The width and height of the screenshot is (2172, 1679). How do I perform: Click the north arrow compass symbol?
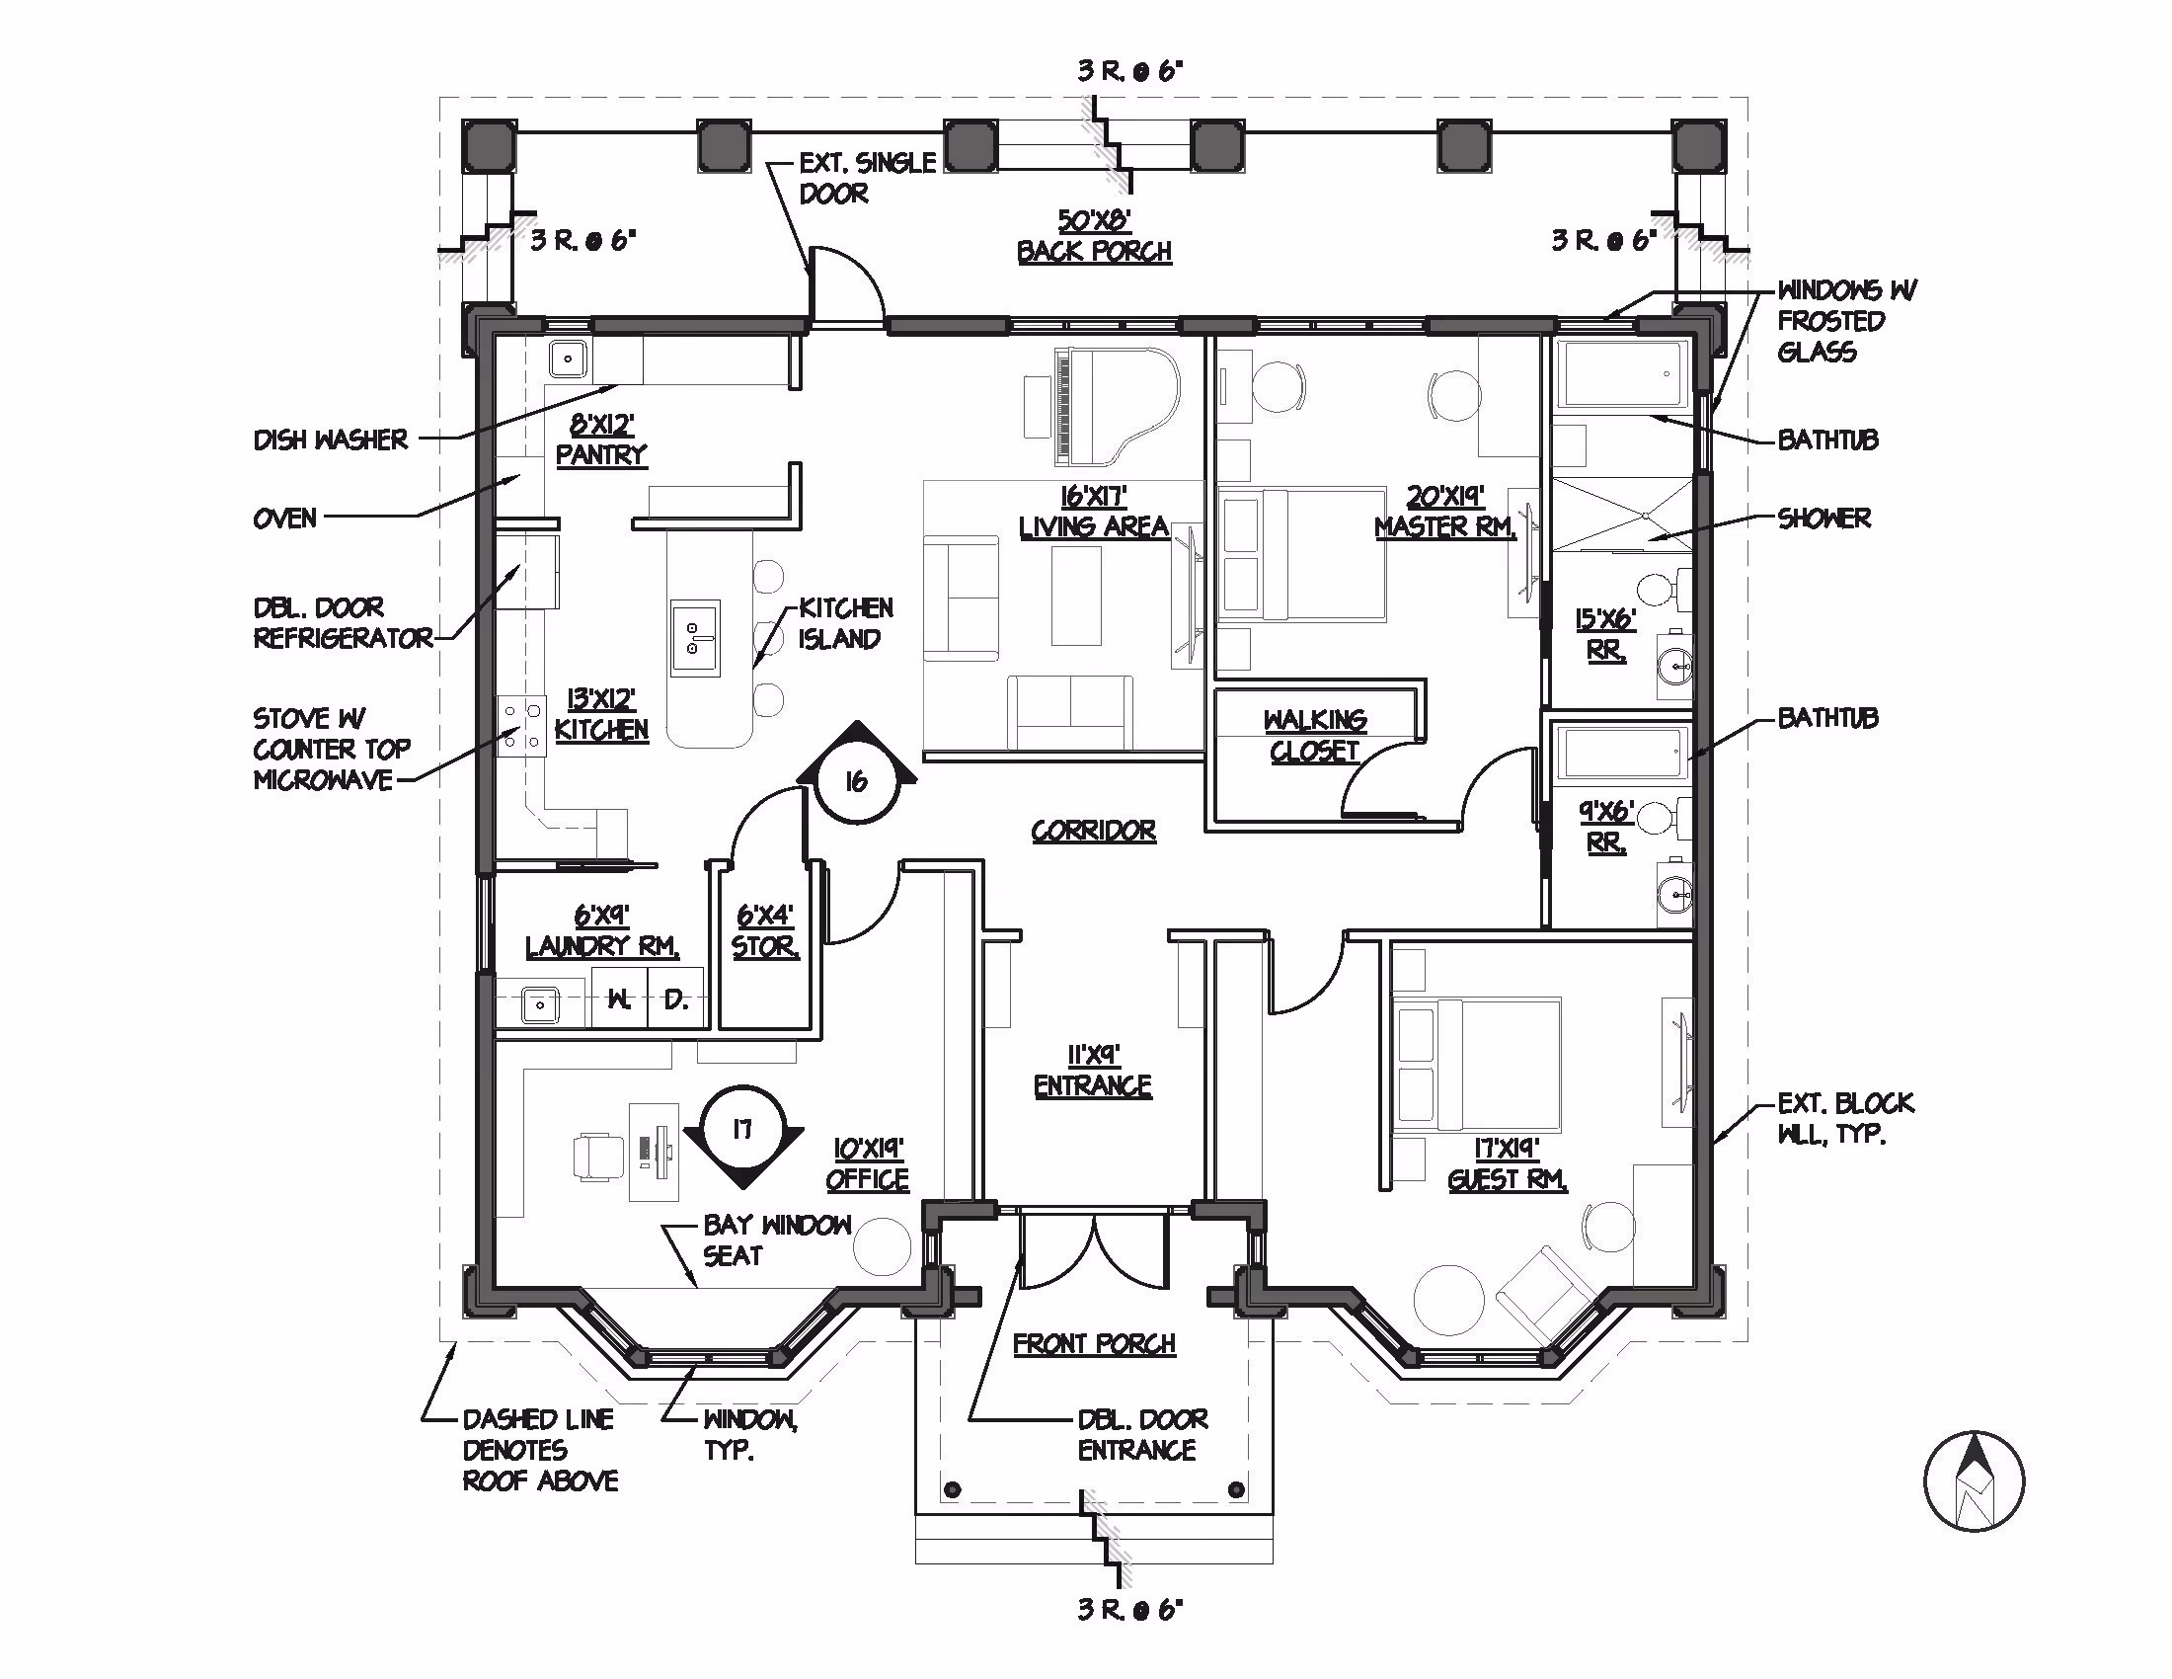point(1975,1482)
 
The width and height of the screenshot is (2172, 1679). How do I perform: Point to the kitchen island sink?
point(695,638)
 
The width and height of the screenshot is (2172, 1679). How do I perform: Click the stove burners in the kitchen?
point(521,726)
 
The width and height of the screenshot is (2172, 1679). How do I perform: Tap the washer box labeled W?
point(620,999)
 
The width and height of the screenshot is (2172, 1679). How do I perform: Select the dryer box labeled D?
point(676,999)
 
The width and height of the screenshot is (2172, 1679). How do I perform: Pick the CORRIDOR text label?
point(1093,831)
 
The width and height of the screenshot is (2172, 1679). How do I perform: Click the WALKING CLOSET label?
point(1315,735)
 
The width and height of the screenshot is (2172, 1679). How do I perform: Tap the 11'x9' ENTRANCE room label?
point(1093,1071)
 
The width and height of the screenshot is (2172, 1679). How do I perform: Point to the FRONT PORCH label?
point(1094,1344)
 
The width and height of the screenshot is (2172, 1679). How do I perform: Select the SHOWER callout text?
point(1823,519)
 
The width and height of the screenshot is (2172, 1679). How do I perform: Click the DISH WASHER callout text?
point(330,440)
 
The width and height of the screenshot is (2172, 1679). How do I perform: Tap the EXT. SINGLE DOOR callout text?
point(867,178)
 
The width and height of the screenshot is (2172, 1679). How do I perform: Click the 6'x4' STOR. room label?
point(765,931)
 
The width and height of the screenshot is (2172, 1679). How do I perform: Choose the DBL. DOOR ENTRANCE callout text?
point(1142,1434)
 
